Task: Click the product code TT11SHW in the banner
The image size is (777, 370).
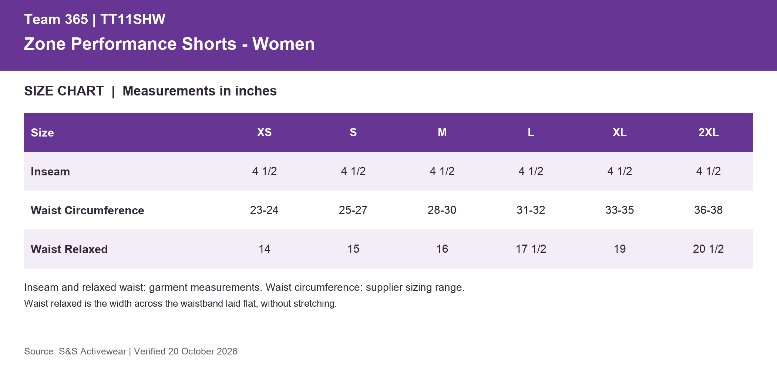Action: click(x=133, y=19)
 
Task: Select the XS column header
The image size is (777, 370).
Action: click(x=265, y=132)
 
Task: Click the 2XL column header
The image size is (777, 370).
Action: click(x=709, y=132)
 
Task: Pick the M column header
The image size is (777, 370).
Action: click(x=442, y=132)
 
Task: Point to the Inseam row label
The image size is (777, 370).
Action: click(x=50, y=171)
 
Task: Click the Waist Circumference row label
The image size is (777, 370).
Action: click(x=87, y=210)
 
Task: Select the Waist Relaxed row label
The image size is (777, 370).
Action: click(x=69, y=249)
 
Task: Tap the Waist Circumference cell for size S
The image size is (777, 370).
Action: click(x=353, y=210)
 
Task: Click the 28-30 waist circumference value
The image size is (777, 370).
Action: click(x=442, y=210)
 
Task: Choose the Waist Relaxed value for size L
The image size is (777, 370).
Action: click(x=531, y=249)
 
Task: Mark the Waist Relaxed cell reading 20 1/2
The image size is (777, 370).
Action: click(x=709, y=249)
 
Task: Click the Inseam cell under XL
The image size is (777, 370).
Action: click(x=620, y=171)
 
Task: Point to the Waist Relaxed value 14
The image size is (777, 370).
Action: click(x=265, y=249)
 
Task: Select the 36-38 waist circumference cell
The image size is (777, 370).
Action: click(x=709, y=210)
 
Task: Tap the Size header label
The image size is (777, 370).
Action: click(x=42, y=132)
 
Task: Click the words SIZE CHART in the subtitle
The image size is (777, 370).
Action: click(x=64, y=91)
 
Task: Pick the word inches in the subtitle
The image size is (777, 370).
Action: click(x=256, y=91)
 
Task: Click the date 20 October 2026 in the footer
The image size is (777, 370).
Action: click(x=203, y=351)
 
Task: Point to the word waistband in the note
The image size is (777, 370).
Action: click(x=202, y=303)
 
